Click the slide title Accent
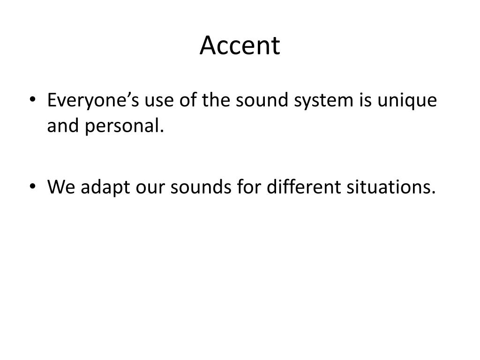(240, 45)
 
